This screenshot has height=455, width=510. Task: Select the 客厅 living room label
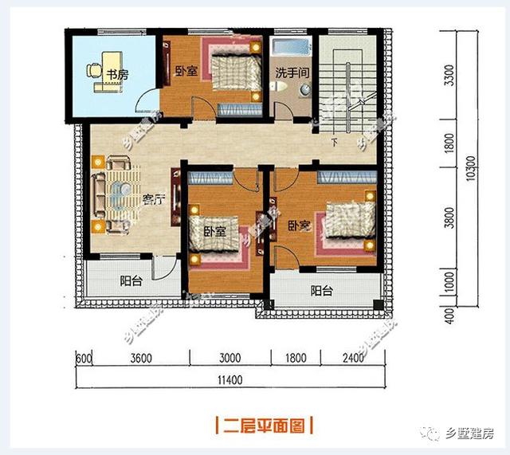point(153,199)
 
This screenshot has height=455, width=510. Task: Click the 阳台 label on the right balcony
point(321,291)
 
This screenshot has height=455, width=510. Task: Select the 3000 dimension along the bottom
point(230,359)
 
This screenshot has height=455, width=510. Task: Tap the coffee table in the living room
point(121,194)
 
